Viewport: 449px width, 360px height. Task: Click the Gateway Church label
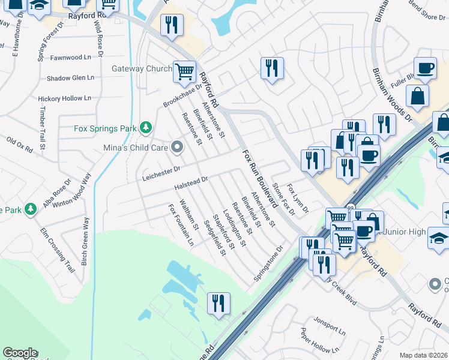tap(142, 68)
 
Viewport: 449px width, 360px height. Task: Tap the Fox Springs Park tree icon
tap(145, 128)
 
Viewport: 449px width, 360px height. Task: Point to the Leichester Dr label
tap(161, 172)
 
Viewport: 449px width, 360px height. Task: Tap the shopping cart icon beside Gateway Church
tap(185, 72)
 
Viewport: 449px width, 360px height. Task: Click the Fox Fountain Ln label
tap(181, 225)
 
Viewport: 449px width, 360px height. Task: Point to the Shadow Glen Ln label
tap(70, 78)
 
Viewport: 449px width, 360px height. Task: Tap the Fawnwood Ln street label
tap(74, 58)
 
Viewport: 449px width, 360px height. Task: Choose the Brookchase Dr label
tap(182, 95)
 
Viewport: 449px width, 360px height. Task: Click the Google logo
tap(20, 353)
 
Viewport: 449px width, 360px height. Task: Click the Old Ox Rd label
tap(19, 143)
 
